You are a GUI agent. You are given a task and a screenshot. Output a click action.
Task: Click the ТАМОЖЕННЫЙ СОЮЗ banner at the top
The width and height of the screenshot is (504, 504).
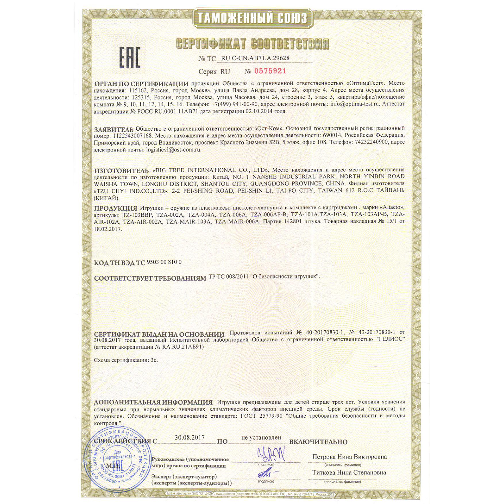(252, 18)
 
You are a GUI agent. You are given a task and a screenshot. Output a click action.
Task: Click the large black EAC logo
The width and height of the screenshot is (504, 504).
(130, 57)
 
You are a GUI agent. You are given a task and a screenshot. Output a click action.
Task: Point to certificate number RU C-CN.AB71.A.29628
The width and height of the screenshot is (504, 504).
(255, 58)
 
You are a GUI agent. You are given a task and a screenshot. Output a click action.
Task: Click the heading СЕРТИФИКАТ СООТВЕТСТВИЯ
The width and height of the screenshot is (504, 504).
(252, 44)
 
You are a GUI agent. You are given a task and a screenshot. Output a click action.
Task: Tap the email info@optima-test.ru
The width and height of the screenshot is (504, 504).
(355, 104)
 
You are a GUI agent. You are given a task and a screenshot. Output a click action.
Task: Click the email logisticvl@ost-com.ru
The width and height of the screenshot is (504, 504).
(173, 150)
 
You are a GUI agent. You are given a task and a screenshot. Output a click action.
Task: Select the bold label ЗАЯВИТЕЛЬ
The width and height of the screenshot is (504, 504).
(114, 129)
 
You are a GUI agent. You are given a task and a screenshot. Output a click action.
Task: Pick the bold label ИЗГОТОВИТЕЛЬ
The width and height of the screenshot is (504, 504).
(121, 171)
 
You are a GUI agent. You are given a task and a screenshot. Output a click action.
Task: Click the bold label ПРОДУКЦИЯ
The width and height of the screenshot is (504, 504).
(115, 208)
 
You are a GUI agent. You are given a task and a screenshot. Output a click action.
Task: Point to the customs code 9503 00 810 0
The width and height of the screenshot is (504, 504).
(164, 262)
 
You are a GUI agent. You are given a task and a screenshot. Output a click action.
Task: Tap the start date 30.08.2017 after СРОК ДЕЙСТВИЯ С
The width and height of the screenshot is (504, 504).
(190, 437)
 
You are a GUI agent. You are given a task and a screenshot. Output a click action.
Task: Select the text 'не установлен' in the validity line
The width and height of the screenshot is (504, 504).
(261, 437)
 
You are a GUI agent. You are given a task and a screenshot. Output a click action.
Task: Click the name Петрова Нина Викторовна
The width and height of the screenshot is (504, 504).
(349, 457)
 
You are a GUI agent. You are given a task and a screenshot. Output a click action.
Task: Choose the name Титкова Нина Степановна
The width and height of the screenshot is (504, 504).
(349, 472)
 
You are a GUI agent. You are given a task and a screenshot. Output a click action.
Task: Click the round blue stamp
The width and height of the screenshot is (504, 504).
(118, 462)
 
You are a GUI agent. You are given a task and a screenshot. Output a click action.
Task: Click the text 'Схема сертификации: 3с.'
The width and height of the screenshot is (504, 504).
(126, 360)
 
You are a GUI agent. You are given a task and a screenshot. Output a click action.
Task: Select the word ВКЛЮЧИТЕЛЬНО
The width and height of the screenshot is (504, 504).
(318, 442)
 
